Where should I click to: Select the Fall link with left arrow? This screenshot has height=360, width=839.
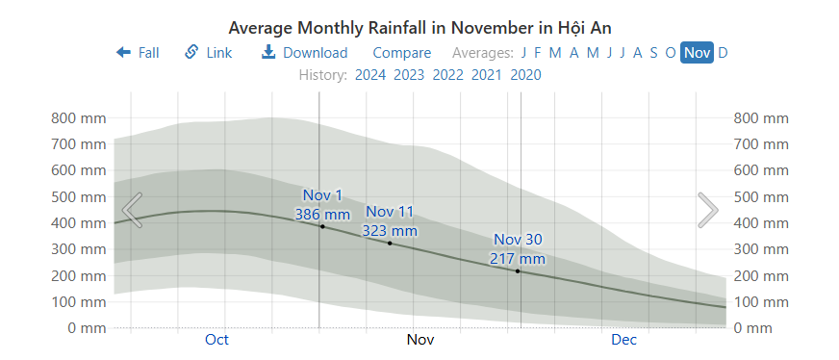tap(138, 53)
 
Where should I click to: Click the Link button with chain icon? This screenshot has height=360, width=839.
tap(209, 53)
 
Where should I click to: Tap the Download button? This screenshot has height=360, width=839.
tap(304, 53)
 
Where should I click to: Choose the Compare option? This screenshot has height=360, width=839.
tap(401, 53)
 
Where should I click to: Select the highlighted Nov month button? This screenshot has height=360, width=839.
tap(697, 53)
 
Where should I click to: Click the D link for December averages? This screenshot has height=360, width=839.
tap(723, 53)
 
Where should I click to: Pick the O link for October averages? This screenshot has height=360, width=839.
tap(670, 53)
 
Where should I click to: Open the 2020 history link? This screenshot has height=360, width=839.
tap(525, 75)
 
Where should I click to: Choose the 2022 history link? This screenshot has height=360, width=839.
tap(448, 75)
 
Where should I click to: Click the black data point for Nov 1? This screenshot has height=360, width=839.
tap(322, 226)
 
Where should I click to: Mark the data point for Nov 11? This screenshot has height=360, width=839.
tap(390, 244)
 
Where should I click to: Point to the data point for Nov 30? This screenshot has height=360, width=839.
tap(518, 271)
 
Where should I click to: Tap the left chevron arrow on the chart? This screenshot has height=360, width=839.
tap(133, 210)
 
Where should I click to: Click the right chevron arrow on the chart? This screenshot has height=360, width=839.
tap(707, 210)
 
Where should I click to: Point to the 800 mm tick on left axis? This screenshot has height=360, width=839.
tap(77, 118)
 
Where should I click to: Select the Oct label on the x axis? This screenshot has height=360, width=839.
tap(216, 340)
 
